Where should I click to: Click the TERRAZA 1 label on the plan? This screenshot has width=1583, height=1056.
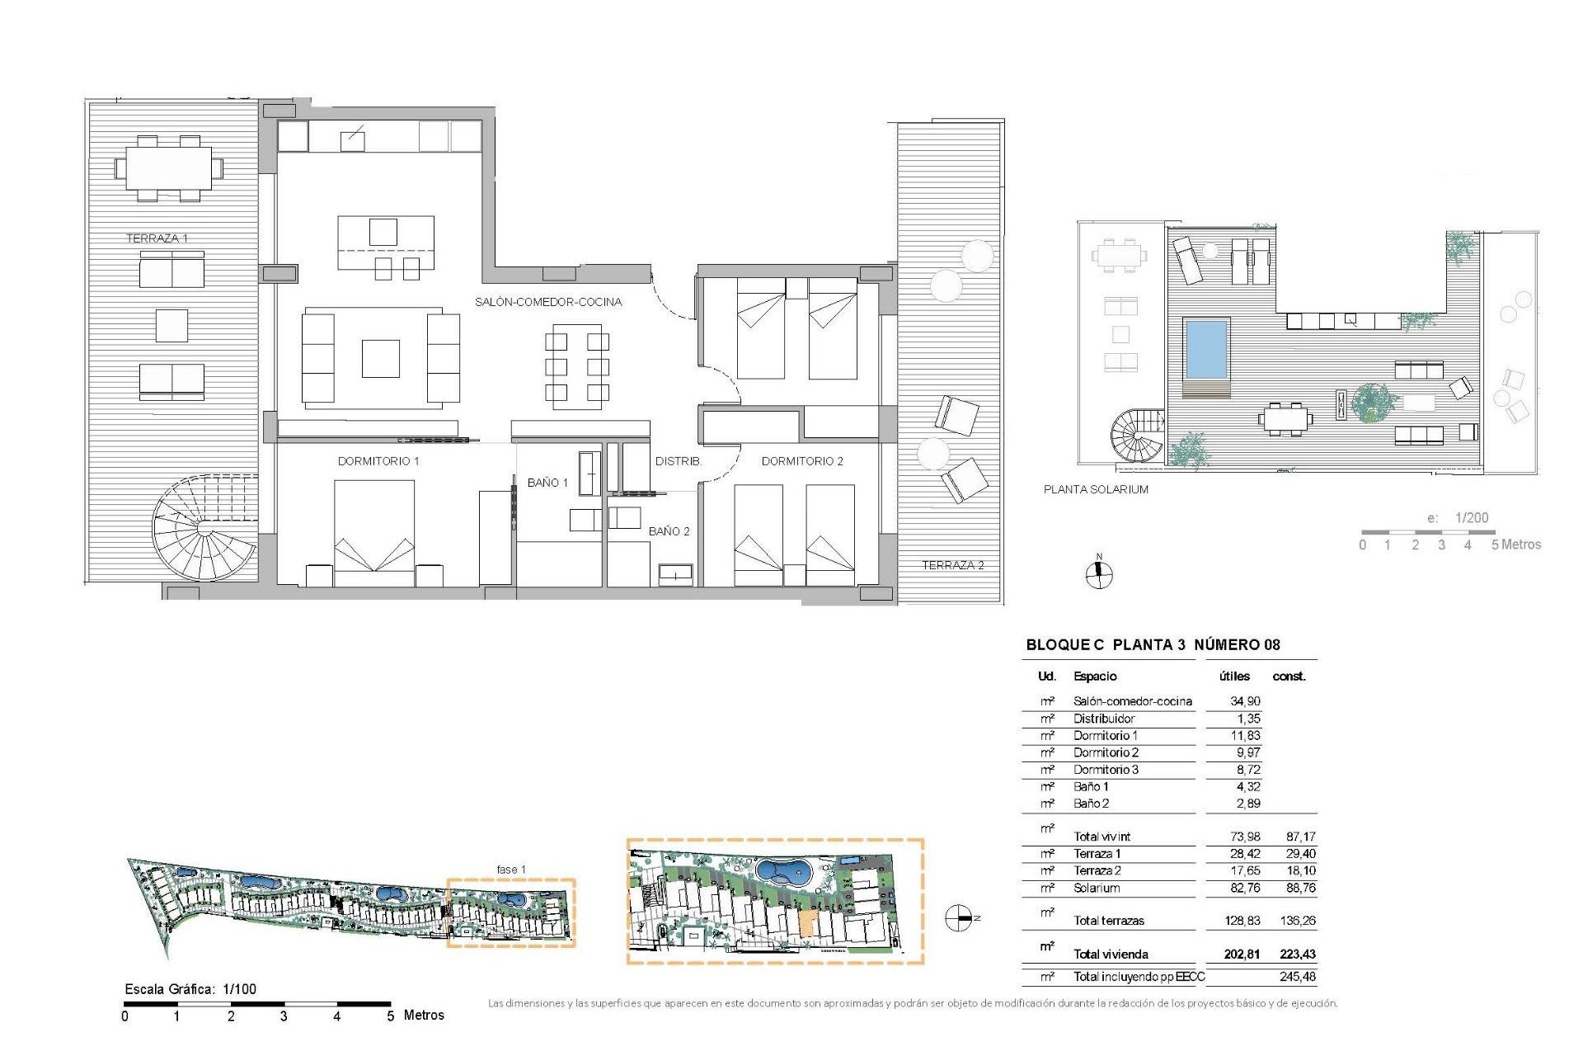157,238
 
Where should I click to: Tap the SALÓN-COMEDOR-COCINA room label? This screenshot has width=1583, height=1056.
548,302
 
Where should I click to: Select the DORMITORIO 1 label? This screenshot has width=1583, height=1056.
378,461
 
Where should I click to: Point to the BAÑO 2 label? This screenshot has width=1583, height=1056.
669,531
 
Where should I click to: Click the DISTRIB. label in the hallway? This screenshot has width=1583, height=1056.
679,461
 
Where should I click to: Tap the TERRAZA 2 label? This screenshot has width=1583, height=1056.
952,565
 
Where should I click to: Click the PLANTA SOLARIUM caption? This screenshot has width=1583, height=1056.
1096,489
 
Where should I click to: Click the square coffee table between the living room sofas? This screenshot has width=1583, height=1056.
380,359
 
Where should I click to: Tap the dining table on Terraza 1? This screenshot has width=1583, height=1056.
169,168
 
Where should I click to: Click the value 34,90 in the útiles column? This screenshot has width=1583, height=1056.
1245,701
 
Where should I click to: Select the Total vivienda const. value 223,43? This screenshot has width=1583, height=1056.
1297,955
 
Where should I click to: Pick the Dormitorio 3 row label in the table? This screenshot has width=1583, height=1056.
1106,770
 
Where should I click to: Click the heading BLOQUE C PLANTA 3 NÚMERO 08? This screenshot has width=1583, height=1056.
1153,645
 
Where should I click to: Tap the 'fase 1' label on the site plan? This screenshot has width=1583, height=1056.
510,870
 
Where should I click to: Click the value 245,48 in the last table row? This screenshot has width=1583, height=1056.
1297,977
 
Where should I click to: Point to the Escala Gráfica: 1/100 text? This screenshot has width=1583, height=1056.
190,989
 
